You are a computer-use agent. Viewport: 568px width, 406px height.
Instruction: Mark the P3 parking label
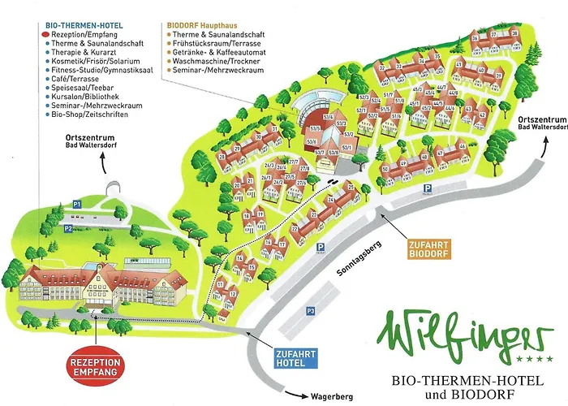coord(310,311)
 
